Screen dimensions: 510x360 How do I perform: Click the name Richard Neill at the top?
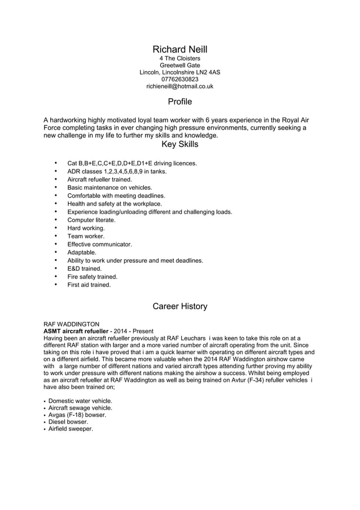[179, 50]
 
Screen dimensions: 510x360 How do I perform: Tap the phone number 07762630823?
[179, 80]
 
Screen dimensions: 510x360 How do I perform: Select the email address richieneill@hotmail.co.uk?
[179, 87]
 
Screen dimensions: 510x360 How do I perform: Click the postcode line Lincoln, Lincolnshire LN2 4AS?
[179, 72]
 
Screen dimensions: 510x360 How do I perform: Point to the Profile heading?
[179, 102]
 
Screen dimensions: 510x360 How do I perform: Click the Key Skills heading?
[179, 145]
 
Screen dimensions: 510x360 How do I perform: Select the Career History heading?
[179, 307]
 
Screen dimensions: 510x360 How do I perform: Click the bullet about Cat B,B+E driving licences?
[131, 163]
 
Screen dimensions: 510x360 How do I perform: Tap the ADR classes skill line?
[117, 171]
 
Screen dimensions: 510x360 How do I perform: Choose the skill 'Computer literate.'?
[91, 220]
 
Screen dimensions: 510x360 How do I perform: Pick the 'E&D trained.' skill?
[84, 269]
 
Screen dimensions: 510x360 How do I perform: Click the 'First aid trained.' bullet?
[89, 285]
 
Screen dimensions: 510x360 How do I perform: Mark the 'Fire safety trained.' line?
[92, 277]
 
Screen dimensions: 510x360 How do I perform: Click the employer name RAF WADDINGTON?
[71, 324]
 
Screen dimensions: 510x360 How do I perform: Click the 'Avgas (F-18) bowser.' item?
[77, 415]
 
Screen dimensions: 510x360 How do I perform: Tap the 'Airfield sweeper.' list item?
[71, 429]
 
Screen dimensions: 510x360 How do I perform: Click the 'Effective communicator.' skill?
[99, 245]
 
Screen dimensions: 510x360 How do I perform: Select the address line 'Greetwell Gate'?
[179, 65]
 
